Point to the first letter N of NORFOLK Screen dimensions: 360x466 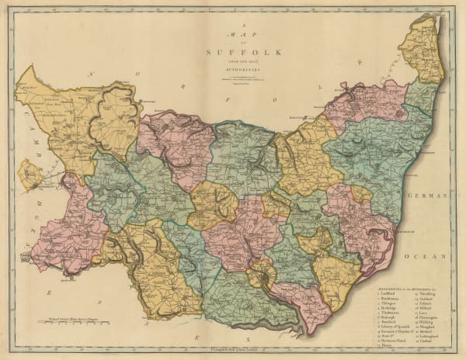(90, 74)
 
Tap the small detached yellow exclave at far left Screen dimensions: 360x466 (30, 175)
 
